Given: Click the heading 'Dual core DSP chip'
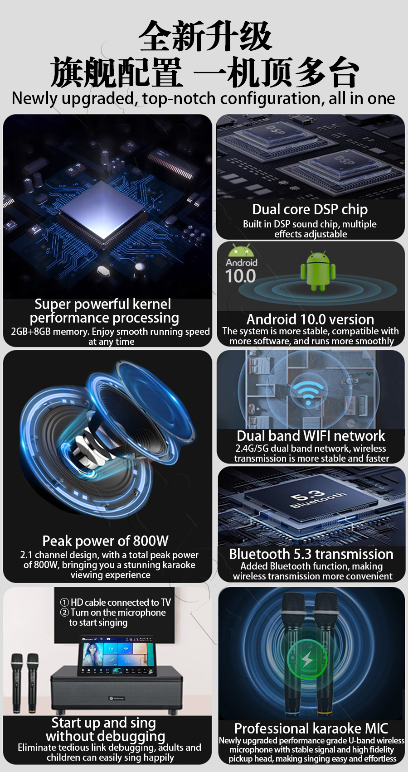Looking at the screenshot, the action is tap(310, 210).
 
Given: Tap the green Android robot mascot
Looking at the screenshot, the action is tap(318, 270).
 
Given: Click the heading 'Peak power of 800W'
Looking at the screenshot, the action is tap(105, 541).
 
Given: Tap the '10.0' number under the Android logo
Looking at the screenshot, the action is tap(240, 276).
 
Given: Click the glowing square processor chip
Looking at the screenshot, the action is tap(103, 210).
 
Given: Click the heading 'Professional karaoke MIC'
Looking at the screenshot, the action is tap(311, 729).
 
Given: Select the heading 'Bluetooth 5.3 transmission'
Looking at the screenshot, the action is tap(311, 554).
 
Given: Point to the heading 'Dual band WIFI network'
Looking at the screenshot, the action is tap(311, 436).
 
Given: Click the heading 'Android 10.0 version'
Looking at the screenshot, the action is tap(310, 319).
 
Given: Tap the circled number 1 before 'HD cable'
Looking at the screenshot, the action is tap(64, 602).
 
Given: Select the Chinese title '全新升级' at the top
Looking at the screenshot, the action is tap(205, 36).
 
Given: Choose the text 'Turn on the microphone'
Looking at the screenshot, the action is tap(118, 613).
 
